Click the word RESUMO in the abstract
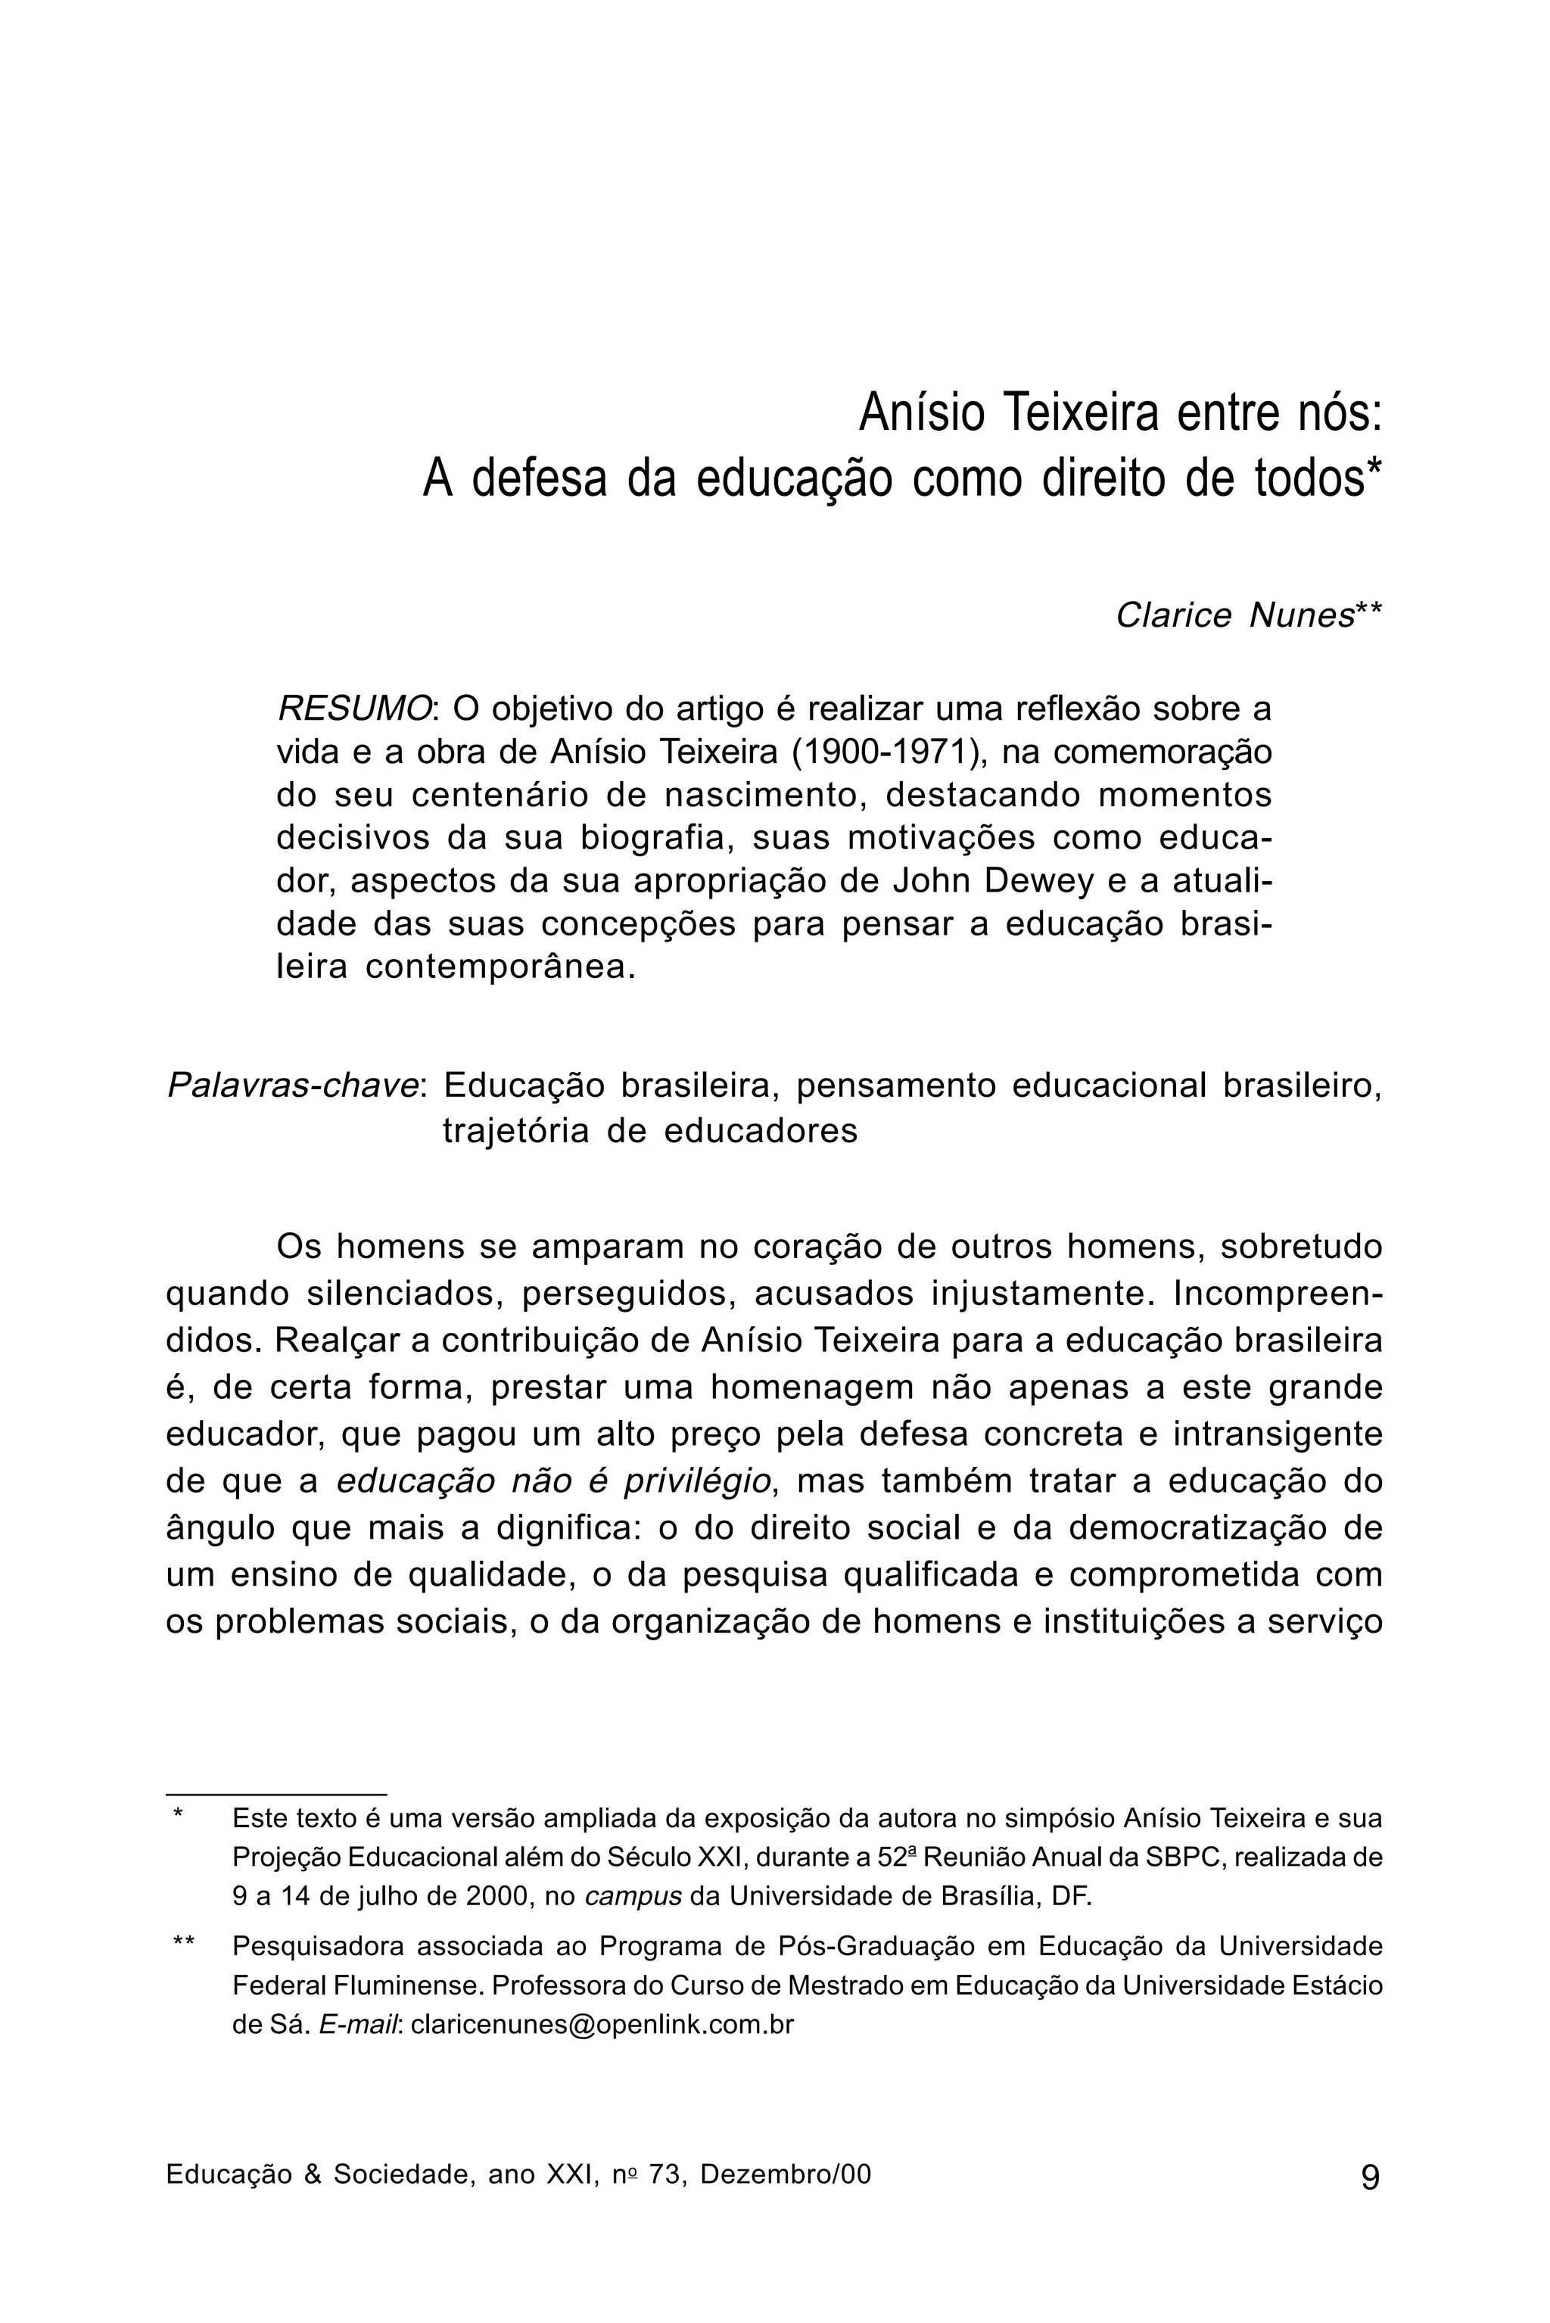coord(353,708)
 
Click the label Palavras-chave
coord(294,1085)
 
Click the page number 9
coord(1370,2177)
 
